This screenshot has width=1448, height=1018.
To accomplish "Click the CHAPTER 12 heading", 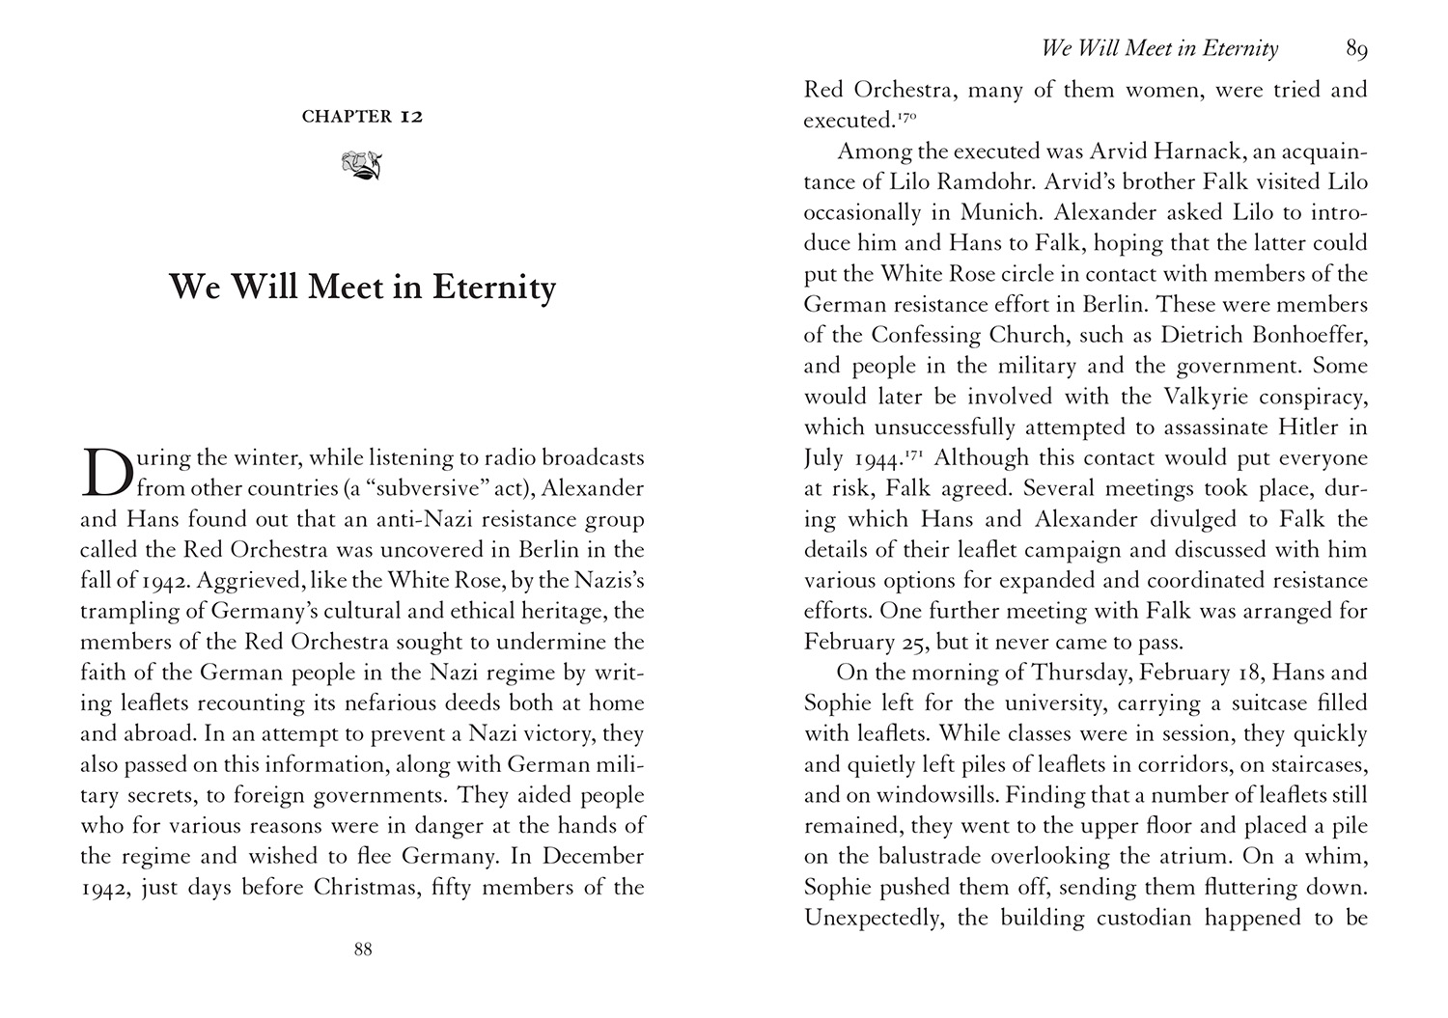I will click(x=362, y=117).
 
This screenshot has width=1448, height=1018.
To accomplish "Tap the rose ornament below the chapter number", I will click(x=362, y=165).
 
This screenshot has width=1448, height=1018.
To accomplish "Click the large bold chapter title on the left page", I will click(x=362, y=288).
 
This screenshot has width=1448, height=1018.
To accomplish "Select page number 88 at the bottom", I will click(x=362, y=949).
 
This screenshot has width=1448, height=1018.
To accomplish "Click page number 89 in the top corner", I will click(x=1356, y=48).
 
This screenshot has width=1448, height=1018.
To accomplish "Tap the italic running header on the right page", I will click(x=1159, y=48).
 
